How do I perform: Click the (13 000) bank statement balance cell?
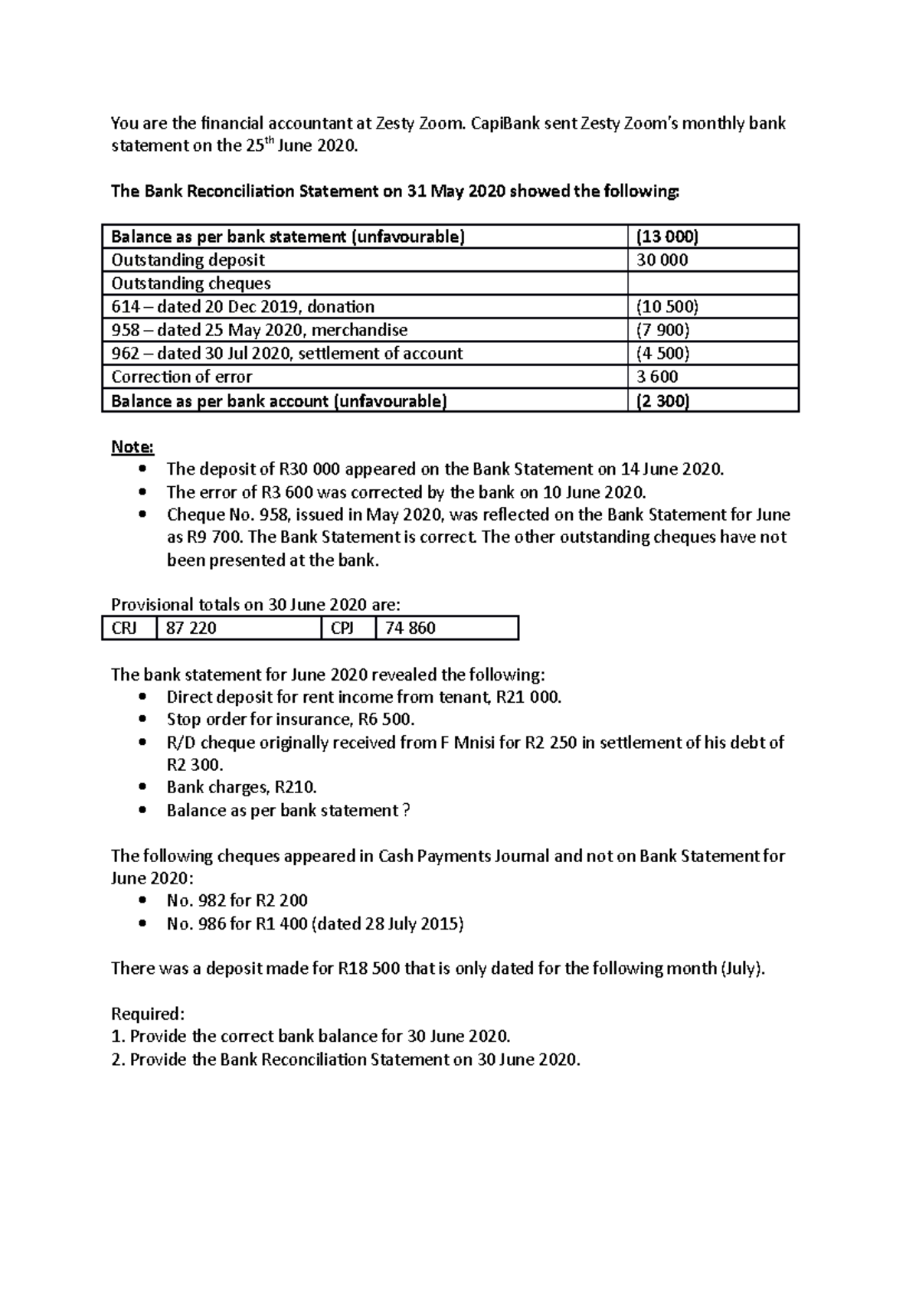667,237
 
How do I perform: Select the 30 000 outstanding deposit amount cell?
662,260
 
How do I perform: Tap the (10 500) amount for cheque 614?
667,307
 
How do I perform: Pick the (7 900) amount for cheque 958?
663,330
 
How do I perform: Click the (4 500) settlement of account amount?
663,354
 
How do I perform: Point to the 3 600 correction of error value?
657,377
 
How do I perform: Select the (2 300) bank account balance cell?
663,401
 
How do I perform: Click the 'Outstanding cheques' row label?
191,283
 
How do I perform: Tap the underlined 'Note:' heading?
132,446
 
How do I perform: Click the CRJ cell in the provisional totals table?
124,629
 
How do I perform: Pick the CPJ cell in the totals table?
342,629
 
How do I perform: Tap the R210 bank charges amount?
296,787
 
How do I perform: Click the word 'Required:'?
148,1014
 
